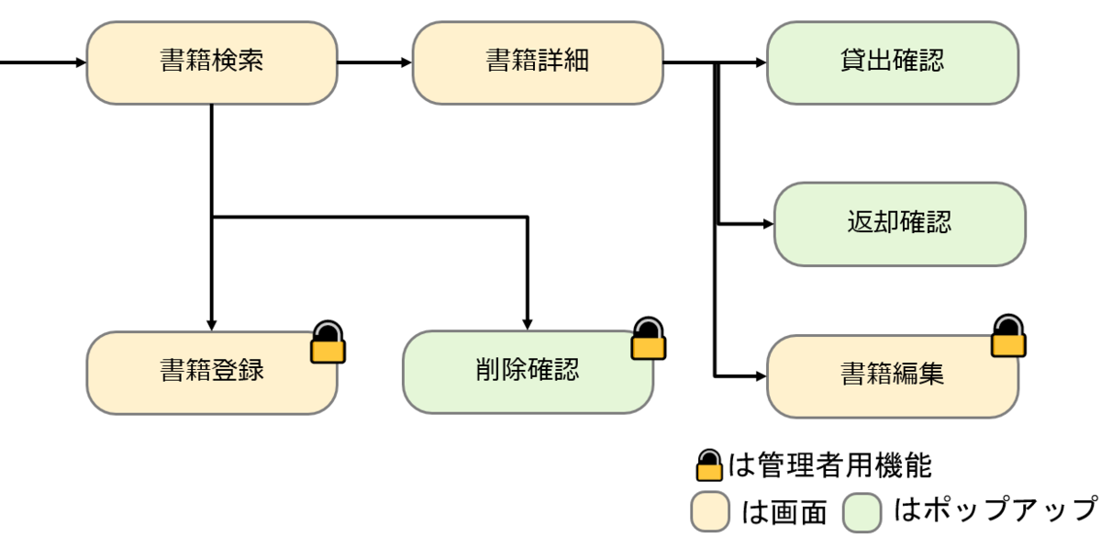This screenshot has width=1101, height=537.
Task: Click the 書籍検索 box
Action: click(212, 62)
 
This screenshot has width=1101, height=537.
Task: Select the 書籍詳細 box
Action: click(538, 62)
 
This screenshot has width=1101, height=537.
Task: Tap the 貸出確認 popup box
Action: click(892, 62)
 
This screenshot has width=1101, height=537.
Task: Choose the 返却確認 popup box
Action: click(899, 223)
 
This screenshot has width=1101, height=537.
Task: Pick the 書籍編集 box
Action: click(892, 375)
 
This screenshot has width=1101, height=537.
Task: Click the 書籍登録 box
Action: click(212, 372)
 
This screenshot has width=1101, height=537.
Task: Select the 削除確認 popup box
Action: click(528, 372)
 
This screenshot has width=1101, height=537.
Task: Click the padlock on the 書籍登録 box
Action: click(328, 343)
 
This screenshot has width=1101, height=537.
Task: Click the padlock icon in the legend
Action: click(710, 466)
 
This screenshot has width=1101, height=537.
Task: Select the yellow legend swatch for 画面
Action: click(711, 510)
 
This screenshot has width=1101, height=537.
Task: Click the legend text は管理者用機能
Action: click(830, 466)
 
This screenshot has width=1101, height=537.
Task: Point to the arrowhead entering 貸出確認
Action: click(760, 62)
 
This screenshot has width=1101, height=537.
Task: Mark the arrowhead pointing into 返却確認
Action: click(767, 223)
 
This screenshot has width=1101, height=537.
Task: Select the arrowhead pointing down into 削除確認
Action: click(528, 324)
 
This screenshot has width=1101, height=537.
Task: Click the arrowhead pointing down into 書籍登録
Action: click(212, 324)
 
